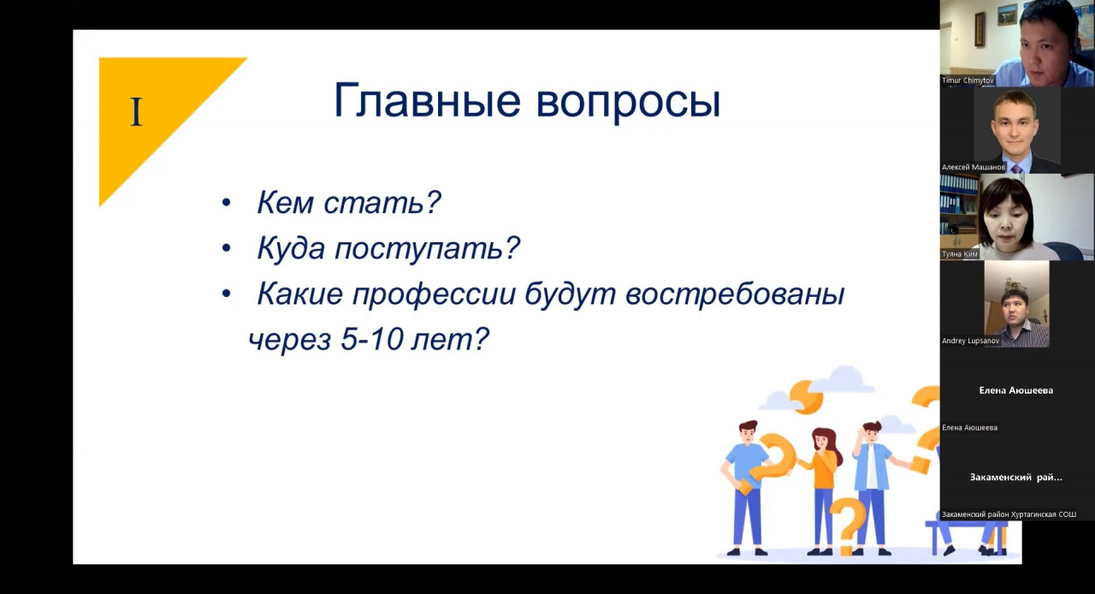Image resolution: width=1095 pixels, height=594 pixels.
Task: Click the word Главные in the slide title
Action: (x=427, y=101)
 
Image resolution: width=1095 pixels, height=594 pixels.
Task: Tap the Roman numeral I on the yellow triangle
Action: (x=136, y=112)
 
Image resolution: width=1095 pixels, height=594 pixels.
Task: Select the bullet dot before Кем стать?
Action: (x=226, y=203)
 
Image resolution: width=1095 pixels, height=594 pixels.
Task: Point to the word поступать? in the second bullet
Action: (x=427, y=248)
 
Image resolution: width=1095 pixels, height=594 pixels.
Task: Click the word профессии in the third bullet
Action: (x=434, y=294)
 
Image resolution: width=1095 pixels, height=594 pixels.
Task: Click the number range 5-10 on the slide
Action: (x=371, y=339)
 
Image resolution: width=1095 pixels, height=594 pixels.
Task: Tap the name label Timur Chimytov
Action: (x=968, y=80)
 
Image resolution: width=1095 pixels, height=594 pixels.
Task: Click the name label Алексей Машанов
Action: (x=974, y=168)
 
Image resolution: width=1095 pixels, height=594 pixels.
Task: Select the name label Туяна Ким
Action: (x=960, y=254)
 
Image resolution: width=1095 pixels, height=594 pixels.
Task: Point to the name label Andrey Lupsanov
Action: (x=970, y=341)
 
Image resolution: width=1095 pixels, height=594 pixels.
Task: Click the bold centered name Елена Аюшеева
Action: (x=1015, y=390)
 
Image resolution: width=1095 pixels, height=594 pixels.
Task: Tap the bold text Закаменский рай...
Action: (x=1015, y=477)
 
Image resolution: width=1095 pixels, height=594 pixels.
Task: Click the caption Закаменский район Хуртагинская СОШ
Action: (x=1009, y=514)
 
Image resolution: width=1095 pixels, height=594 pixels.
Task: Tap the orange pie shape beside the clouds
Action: (x=806, y=396)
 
